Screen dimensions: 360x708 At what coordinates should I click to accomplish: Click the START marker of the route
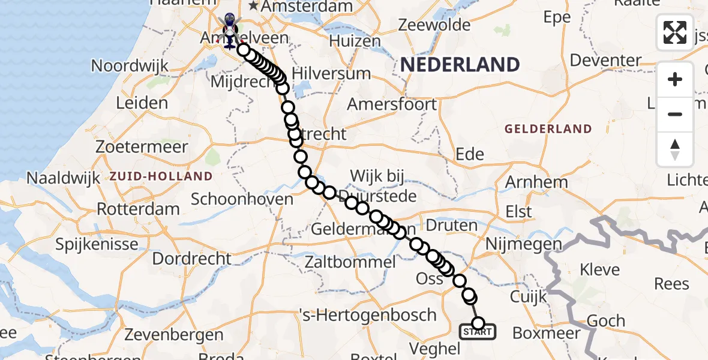click(478, 331)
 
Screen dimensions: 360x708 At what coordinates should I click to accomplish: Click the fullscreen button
click(675, 32)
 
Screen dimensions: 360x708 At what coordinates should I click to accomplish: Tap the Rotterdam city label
click(138, 209)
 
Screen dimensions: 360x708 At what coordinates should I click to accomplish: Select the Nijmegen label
click(523, 244)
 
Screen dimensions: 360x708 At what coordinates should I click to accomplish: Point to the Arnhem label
click(537, 182)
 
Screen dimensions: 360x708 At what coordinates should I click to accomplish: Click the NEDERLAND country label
click(460, 65)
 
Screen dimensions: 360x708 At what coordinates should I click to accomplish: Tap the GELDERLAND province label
click(548, 128)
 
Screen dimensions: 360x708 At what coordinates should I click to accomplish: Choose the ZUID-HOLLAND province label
click(161, 176)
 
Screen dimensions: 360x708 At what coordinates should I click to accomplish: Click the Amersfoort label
click(392, 104)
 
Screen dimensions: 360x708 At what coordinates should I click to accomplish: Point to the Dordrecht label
click(191, 259)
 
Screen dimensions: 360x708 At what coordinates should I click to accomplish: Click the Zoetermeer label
click(137, 146)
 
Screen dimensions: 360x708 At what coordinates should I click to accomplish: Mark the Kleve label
click(591, 269)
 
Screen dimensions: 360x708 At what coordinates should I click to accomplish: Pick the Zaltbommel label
click(350, 262)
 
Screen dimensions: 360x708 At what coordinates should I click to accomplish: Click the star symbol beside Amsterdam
click(254, 6)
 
